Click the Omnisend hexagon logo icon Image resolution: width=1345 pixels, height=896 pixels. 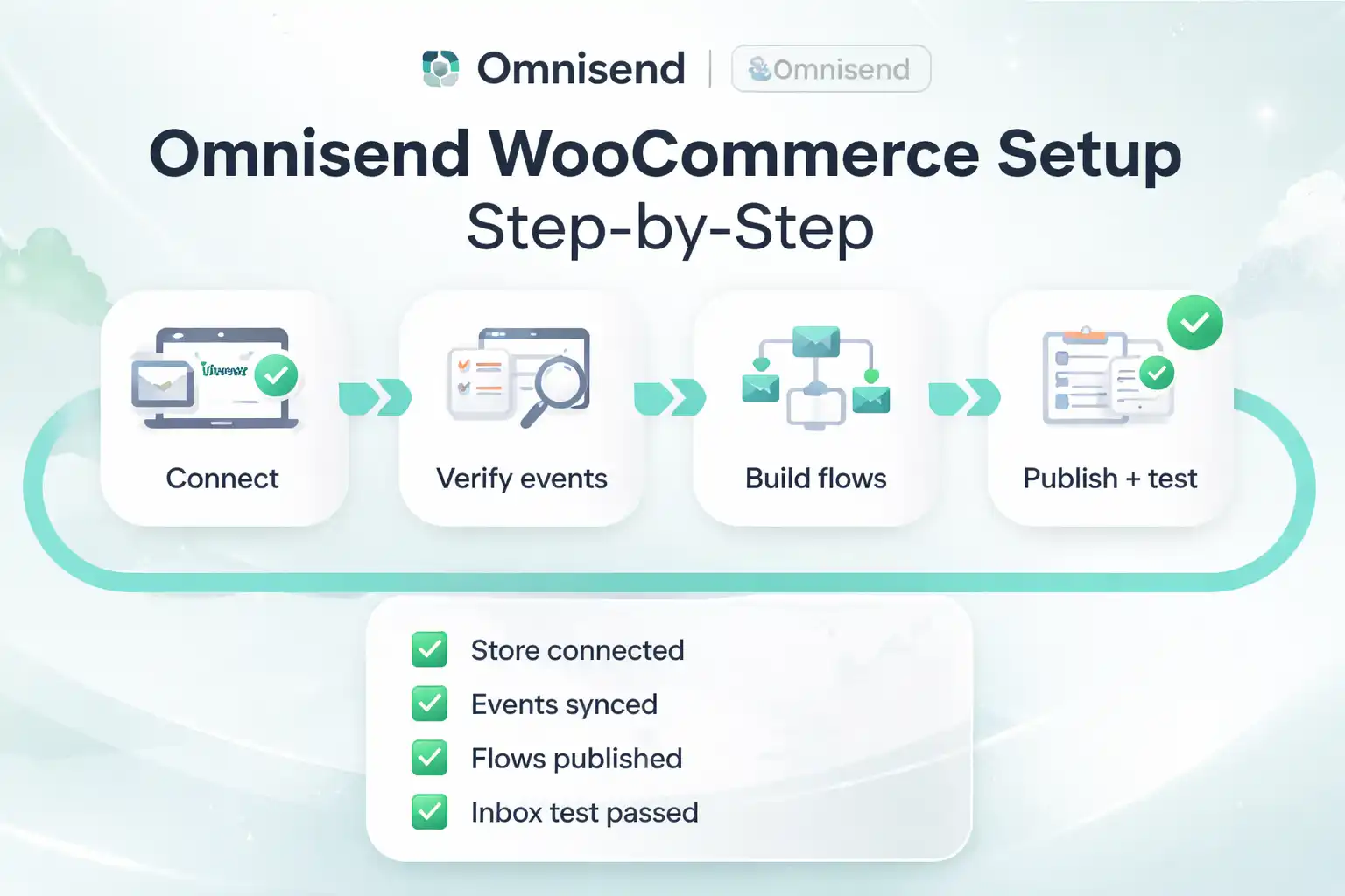coord(440,68)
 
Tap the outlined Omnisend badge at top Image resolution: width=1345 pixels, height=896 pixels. coord(830,69)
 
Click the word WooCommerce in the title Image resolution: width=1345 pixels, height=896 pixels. coord(734,154)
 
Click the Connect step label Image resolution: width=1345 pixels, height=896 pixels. coord(222,479)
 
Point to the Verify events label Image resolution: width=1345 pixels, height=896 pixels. coord(522,479)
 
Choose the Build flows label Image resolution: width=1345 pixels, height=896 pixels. coord(815,479)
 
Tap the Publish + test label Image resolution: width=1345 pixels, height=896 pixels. coord(1109,479)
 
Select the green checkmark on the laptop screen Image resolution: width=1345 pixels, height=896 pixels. coord(277,376)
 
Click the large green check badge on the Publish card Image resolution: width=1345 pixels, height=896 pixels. coord(1194,323)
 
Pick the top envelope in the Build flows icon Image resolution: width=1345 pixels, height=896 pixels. coord(815,342)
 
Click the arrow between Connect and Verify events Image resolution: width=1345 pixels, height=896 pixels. coord(375,398)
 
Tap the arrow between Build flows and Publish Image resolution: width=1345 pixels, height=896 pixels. coord(964,398)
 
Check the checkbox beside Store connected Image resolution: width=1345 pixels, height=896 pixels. coord(429,650)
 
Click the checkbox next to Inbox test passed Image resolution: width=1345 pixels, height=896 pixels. coord(429,812)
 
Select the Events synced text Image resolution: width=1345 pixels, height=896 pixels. coord(564,704)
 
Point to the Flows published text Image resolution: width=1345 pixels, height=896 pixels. coord(576,759)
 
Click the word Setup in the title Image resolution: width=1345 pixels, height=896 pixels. coord(1089,154)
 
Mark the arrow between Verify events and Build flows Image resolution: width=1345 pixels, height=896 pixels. coord(670,398)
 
